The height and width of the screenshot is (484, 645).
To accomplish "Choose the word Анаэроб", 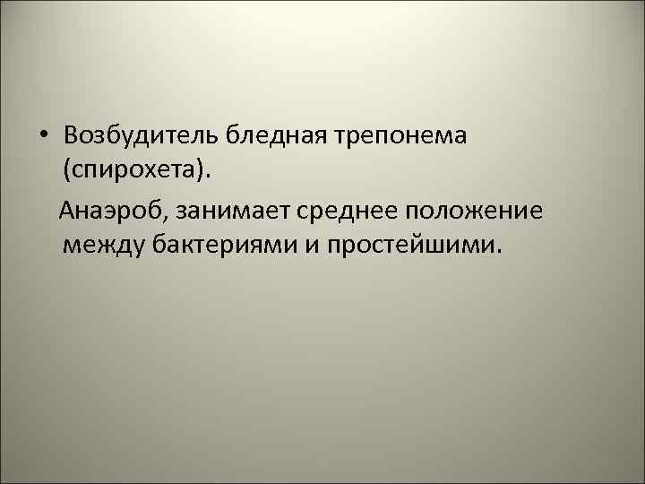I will click(110, 212).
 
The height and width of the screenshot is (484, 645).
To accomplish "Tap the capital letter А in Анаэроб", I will click(67, 212).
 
